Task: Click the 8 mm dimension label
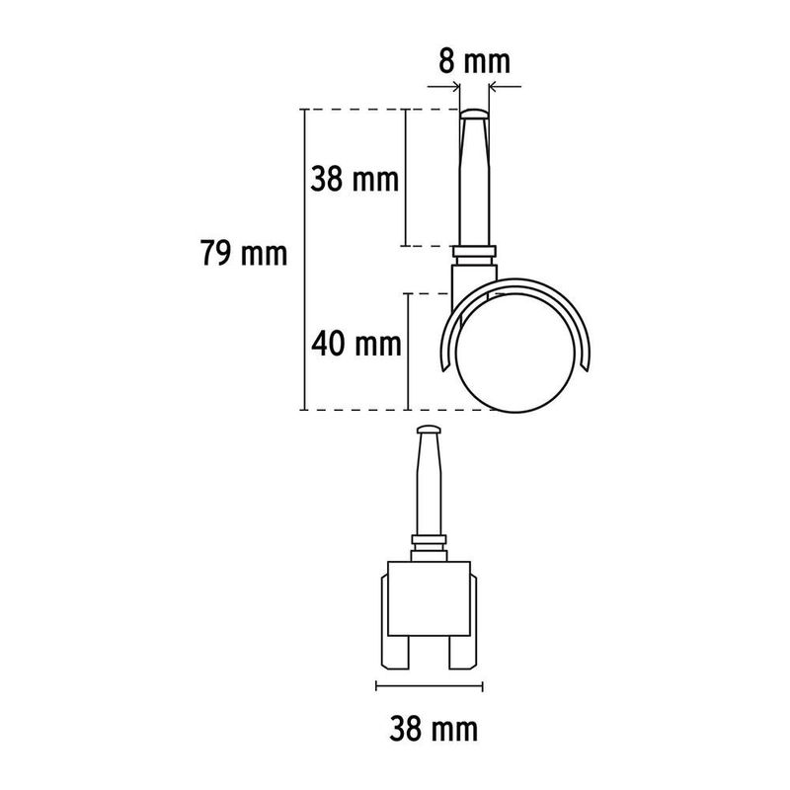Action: coord(474,62)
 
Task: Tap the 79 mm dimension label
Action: coord(244,253)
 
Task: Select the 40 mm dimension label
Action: coord(356,344)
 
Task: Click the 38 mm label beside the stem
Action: coord(355,179)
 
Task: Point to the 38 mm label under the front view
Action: coord(434,729)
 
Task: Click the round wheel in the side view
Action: coord(514,352)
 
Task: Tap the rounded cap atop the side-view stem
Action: coord(474,114)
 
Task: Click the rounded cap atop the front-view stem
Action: coord(429,431)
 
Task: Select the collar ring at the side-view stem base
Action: coord(474,251)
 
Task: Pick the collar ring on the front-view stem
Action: coord(429,539)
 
